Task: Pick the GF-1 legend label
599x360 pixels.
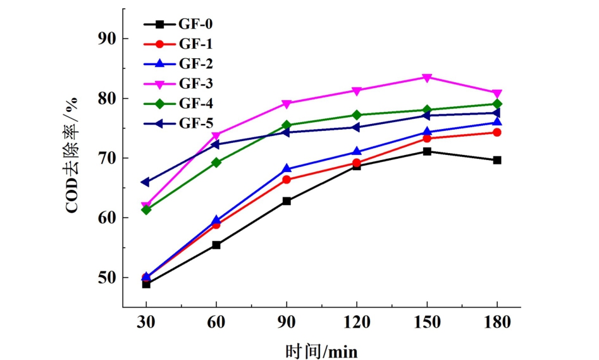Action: (x=195, y=44)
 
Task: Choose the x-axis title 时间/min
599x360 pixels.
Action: (x=321, y=349)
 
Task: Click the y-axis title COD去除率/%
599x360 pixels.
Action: (x=72, y=156)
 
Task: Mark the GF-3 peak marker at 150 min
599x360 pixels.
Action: (x=427, y=78)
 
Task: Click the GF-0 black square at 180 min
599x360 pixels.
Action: (x=497, y=160)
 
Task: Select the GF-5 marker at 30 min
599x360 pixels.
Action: (x=146, y=182)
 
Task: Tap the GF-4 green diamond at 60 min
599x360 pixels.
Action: (x=216, y=163)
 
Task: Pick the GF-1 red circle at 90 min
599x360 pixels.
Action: (x=287, y=180)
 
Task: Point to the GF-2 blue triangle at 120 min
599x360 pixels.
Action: (x=357, y=152)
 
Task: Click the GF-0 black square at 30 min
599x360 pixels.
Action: (x=146, y=284)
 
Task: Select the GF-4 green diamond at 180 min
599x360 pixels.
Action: (x=497, y=104)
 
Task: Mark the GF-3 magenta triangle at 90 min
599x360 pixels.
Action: (x=287, y=104)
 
